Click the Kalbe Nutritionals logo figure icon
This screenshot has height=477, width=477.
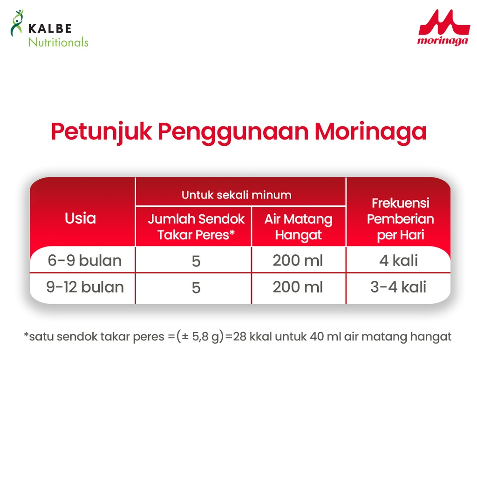(17, 23)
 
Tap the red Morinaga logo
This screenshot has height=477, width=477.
(444, 27)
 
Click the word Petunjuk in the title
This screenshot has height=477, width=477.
(101, 132)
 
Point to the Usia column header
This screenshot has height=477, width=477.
(80, 218)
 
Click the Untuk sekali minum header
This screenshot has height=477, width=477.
(236, 195)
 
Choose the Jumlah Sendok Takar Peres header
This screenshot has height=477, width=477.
(196, 227)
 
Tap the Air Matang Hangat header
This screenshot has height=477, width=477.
(299, 227)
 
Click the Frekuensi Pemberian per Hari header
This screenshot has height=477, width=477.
(400, 219)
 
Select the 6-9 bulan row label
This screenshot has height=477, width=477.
(85, 261)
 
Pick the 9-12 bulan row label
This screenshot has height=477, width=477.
(85, 287)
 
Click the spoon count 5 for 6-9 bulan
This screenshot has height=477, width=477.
(196, 261)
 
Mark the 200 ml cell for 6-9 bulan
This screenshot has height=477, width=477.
(298, 261)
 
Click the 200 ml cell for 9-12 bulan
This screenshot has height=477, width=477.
(298, 287)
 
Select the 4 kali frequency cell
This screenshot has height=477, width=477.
(399, 261)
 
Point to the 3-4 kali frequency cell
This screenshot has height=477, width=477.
(398, 287)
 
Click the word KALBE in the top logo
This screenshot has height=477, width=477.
(50, 28)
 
